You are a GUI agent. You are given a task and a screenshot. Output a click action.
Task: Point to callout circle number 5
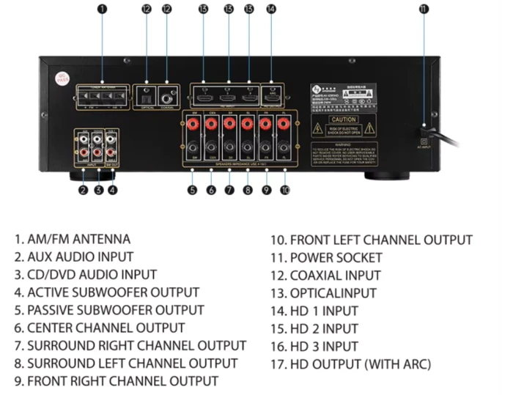[192, 191]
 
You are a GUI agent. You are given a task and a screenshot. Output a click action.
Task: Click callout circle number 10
[285, 191]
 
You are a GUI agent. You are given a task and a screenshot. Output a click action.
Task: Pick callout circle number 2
[83, 191]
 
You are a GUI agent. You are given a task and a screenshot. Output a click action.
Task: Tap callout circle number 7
[229, 191]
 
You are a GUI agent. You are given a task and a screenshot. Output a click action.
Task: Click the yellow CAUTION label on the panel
[343, 119]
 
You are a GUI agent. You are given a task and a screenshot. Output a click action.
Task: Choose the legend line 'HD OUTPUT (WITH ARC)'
[350, 364]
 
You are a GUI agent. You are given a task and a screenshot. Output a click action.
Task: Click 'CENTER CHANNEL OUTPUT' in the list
[99, 328]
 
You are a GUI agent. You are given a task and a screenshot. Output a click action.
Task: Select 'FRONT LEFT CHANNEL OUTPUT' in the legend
[372, 240]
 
